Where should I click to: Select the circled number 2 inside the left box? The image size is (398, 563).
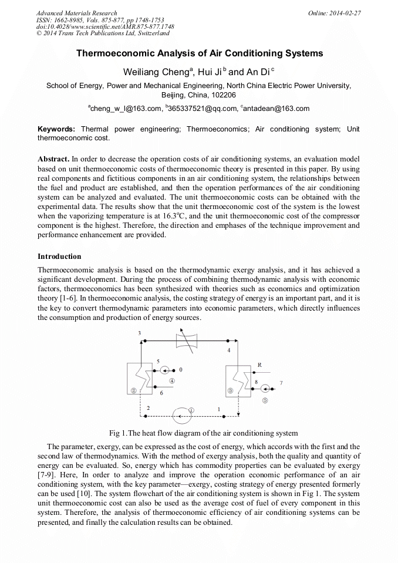(134, 390)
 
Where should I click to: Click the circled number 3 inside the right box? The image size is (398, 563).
(231, 390)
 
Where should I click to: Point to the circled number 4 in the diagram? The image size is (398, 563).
(172, 380)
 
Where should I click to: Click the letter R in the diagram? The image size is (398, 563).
(259, 365)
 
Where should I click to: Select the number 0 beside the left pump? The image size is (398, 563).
(181, 370)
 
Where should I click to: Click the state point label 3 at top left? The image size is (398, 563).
(139, 333)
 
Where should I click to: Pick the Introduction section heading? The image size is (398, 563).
(59, 257)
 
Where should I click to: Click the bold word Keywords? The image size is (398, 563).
(56, 129)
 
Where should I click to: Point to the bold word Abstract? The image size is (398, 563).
(53, 159)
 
